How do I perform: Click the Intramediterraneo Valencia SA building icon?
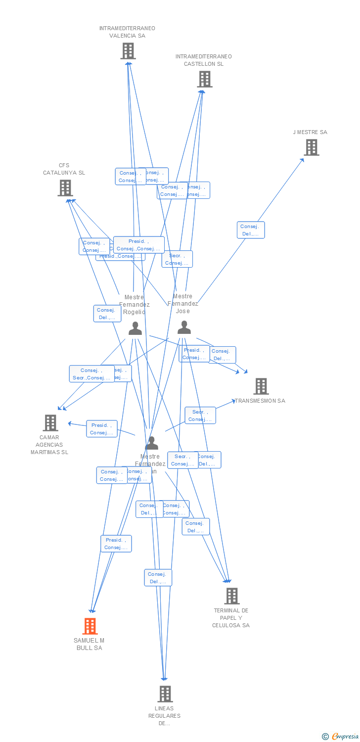click(128, 51)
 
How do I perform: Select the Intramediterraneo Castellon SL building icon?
click(204, 79)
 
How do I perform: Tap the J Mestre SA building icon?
click(312, 147)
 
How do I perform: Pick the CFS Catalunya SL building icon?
click(65, 188)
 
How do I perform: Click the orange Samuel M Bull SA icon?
click(90, 626)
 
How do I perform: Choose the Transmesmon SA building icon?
click(261, 386)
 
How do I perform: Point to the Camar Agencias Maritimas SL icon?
click(50, 423)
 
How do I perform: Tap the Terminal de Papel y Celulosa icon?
click(231, 596)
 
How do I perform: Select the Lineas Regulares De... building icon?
click(165, 694)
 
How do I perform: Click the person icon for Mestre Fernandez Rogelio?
click(135, 328)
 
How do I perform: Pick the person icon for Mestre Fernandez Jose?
click(184, 327)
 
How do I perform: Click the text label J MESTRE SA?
click(310, 132)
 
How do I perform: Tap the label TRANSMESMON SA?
click(260, 401)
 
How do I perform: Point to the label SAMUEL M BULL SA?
click(90, 644)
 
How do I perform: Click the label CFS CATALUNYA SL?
click(64, 169)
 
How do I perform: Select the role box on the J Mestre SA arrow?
click(250, 230)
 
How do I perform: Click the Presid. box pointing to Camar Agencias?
click(102, 429)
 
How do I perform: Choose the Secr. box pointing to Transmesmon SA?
click(200, 416)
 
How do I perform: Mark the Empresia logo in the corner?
click(340, 737)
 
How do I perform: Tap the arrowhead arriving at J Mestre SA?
click(303, 159)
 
